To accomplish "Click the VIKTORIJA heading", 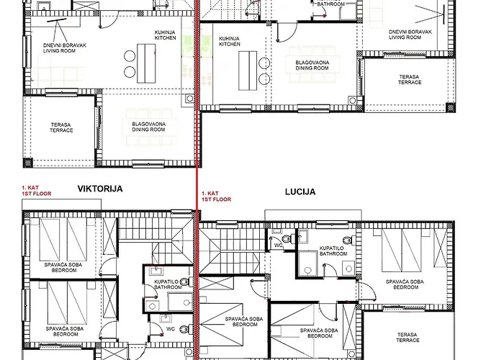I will click(x=100, y=189).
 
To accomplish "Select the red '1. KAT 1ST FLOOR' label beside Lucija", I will click(x=217, y=197).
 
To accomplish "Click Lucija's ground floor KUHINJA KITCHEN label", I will click(x=230, y=41).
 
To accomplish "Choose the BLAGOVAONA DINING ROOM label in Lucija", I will click(x=312, y=66).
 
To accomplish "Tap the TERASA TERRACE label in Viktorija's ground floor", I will click(x=61, y=127).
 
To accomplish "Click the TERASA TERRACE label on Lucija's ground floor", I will click(x=409, y=78).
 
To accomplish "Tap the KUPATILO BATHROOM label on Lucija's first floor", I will click(x=333, y=251).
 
